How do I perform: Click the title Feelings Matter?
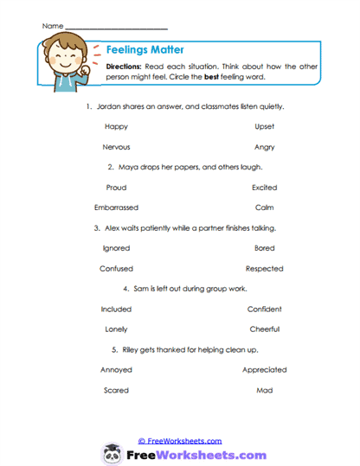point(144,50)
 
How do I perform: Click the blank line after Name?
point(116,27)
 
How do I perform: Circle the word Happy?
point(116,126)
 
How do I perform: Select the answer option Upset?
point(265,126)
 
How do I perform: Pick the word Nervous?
point(116,147)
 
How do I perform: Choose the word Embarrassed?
point(116,207)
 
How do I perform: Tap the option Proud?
point(116,187)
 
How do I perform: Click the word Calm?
point(265,207)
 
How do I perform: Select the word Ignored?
point(116,248)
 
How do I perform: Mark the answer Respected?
point(265,268)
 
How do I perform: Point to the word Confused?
point(116,268)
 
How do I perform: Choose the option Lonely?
point(116,329)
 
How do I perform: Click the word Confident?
point(265,309)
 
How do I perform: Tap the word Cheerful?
point(265,329)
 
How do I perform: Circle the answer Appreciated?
point(265,369)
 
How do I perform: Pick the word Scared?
point(116,390)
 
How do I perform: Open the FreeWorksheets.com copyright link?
point(180,440)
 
